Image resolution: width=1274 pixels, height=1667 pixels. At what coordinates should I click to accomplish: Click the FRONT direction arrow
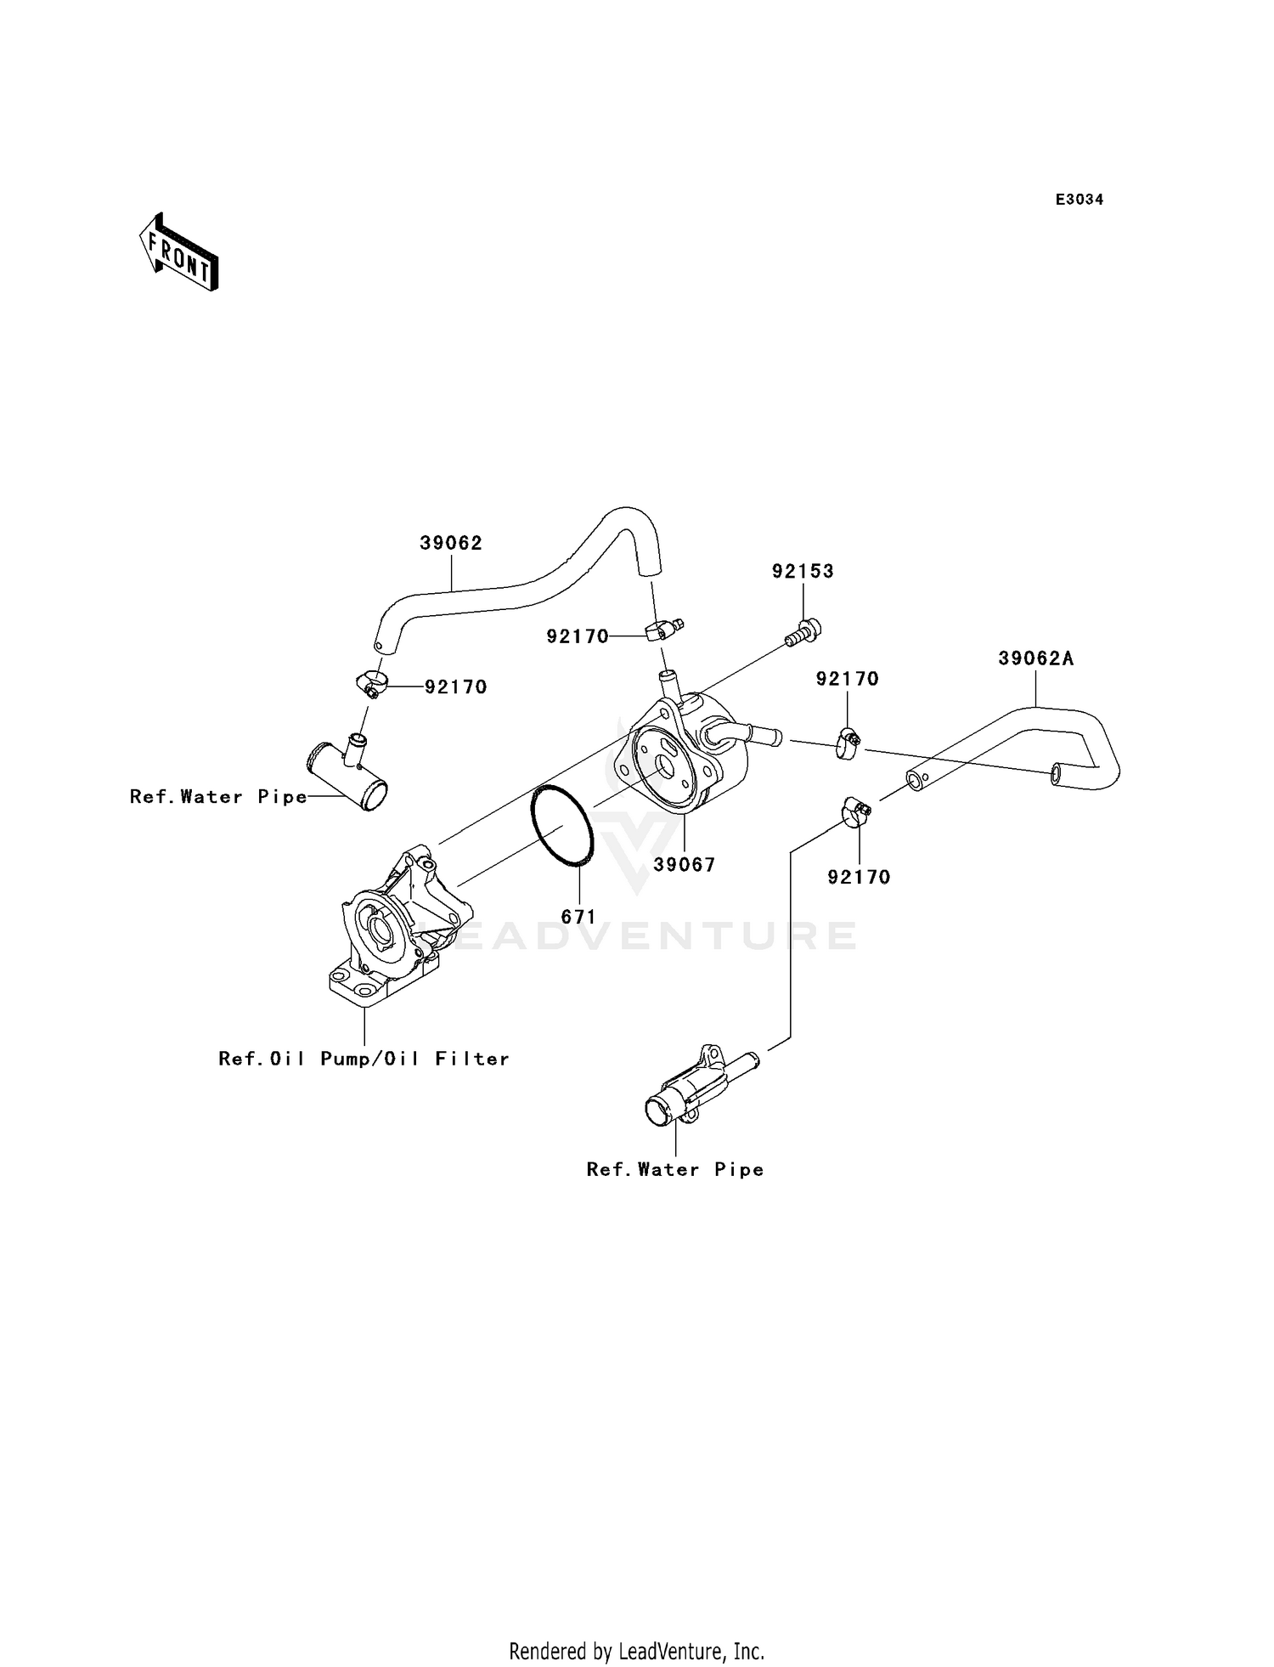pos(179,252)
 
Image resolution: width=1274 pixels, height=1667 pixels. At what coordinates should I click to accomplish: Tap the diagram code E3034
pos(1079,200)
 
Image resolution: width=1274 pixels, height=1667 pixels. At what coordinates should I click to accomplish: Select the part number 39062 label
pos(451,544)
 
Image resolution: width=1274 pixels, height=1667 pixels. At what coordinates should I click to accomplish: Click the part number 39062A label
pos(1035,658)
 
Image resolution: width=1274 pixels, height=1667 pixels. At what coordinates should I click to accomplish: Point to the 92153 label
pos(803,572)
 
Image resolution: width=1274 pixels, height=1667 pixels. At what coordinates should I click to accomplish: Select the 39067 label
pos(685,865)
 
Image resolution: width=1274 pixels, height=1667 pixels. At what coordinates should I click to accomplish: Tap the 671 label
pos(578,917)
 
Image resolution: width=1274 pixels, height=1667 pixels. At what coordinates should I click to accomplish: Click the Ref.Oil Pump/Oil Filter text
pos(364,1059)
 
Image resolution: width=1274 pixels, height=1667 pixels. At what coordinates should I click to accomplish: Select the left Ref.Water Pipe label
pos(218,797)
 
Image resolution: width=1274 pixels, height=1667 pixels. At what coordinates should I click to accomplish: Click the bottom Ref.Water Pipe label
pos(675,1170)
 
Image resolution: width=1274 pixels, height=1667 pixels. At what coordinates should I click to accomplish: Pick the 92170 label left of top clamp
pos(578,636)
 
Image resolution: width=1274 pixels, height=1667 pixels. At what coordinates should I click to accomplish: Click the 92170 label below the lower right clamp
pos(859,878)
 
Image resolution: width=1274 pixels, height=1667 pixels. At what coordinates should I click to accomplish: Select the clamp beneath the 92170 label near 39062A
pos(847,743)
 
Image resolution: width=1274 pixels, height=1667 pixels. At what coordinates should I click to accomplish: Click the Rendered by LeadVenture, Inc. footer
pos(636,1652)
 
